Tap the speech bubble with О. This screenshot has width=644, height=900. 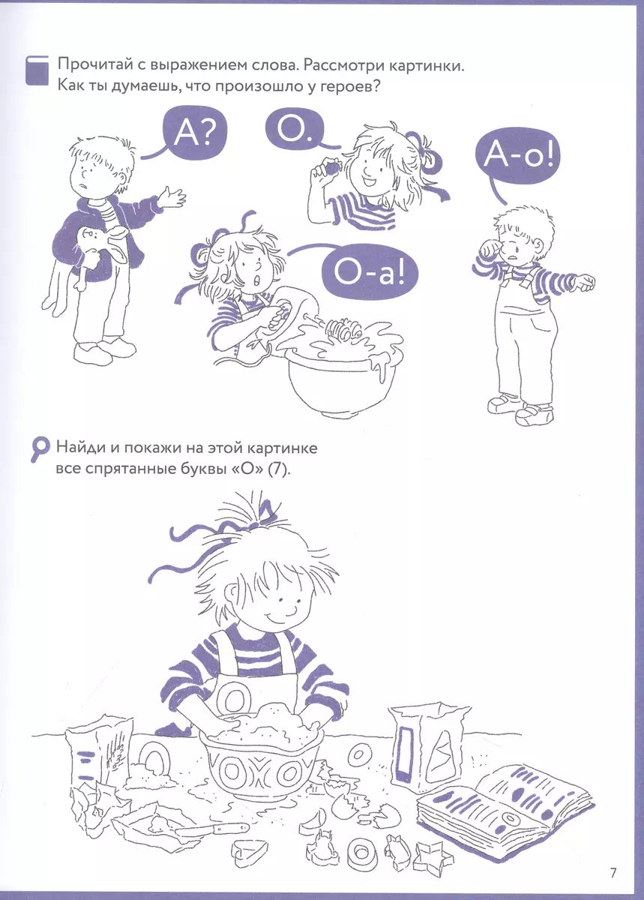(295, 127)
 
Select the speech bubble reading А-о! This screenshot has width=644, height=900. (517, 157)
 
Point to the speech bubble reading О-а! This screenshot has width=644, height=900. (370, 272)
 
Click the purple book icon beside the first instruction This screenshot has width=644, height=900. (37, 70)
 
